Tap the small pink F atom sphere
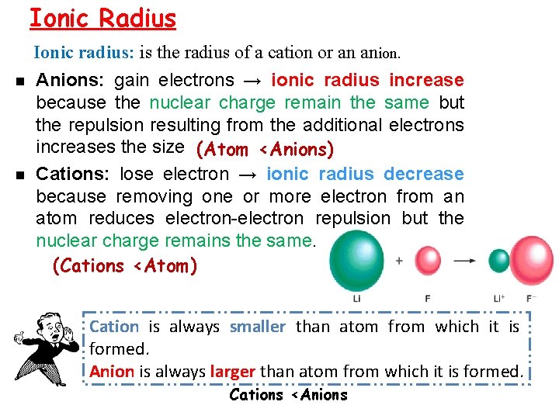428,260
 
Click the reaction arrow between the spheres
464,261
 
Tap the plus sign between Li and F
399,261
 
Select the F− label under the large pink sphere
531,298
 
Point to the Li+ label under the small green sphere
498,298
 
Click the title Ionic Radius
102,18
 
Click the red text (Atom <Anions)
265,148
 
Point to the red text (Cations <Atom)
124,266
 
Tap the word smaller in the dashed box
258,327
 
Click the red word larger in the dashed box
232,371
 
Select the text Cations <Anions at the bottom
288,394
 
